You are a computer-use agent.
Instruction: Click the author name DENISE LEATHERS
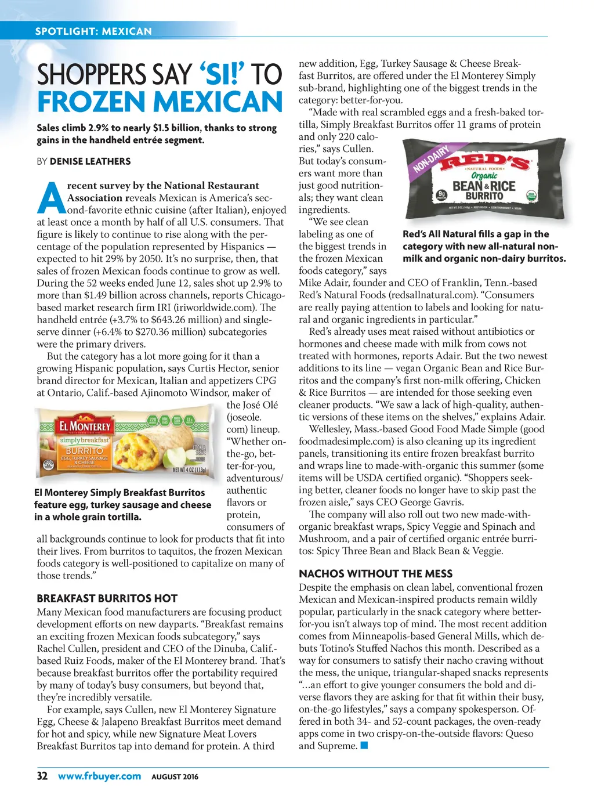point(90,161)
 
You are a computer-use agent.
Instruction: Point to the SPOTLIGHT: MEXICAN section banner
point(93,31)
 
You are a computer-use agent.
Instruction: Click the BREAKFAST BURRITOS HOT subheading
point(107,598)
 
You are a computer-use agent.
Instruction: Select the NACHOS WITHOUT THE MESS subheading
point(375,573)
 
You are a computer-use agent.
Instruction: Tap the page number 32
point(42,776)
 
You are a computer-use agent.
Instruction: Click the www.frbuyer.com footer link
point(99,776)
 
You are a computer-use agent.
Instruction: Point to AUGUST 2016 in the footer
point(175,776)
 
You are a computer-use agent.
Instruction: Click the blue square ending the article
point(364,746)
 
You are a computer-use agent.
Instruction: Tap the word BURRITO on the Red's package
point(484,196)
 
